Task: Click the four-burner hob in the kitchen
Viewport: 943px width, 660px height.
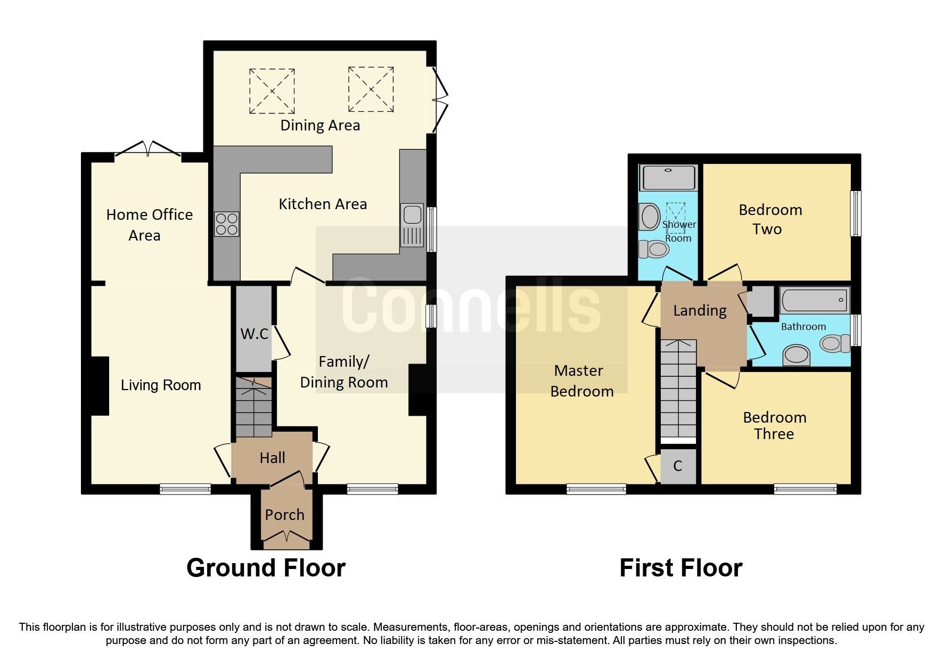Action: [x=226, y=224]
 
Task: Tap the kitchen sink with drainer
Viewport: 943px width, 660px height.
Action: [x=412, y=226]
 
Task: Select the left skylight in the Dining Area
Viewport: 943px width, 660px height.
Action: [x=272, y=91]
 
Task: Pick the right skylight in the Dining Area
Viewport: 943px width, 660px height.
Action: [x=371, y=89]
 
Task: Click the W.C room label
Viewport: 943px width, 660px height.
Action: [x=254, y=334]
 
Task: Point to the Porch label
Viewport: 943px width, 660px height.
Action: [x=284, y=515]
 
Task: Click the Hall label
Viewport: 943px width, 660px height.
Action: [x=272, y=458]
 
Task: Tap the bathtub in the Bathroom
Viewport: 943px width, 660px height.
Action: [x=814, y=300]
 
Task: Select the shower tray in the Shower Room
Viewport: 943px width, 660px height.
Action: [x=669, y=178]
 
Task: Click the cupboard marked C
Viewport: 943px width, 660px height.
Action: [x=677, y=466]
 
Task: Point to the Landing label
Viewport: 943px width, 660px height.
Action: [x=699, y=310]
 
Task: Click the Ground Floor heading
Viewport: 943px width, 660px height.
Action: [x=266, y=568]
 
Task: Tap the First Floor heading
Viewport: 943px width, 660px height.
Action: [x=680, y=568]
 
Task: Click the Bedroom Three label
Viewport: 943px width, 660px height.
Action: [x=774, y=425]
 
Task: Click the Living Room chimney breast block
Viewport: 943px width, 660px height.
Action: [x=100, y=386]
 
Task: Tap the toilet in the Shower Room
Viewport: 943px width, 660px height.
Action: [x=654, y=249]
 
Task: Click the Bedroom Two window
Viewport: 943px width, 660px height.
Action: [x=855, y=213]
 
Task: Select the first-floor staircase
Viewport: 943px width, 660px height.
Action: [x=678, y=389]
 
